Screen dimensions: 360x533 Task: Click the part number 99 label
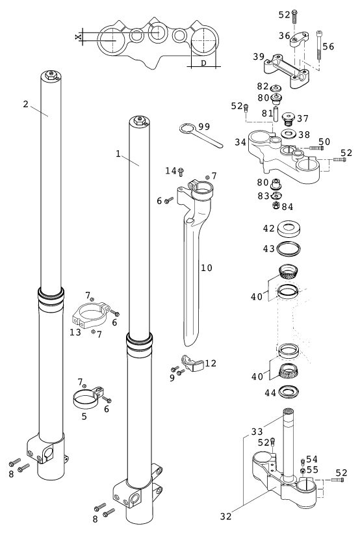(204, 127)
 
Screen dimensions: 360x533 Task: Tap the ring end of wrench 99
(186, 129)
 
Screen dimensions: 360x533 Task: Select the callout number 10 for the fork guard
(207, 268)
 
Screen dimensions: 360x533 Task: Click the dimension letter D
(203, 63)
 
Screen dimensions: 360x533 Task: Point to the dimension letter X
(78, 36)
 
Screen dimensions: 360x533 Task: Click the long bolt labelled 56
(319, 45)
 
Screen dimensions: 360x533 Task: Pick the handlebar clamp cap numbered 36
(299, 39)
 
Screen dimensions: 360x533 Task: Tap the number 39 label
(259, 57)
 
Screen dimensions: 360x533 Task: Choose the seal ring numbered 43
(289, 248)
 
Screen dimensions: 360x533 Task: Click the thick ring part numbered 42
(289, 228)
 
